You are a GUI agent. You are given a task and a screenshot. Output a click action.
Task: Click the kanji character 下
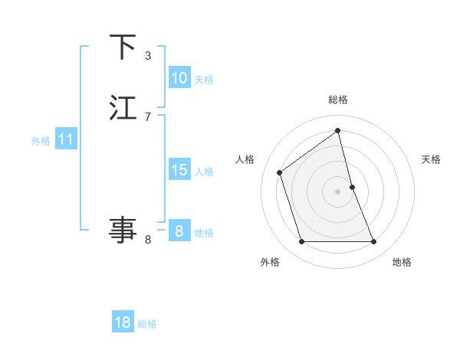click(123, 47)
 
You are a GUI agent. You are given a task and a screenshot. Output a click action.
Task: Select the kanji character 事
click(123, 229)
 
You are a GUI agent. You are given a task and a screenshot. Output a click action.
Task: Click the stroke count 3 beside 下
click(148, 56)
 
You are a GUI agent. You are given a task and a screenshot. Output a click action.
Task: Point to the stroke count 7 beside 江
click(148, 116)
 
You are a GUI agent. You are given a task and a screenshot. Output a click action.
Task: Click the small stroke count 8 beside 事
click(148, 240)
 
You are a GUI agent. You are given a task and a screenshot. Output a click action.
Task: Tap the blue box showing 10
click(179, 78)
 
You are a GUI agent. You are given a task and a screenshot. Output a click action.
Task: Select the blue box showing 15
click(179, 170)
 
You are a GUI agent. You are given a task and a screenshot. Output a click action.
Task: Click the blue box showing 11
click(65, 140)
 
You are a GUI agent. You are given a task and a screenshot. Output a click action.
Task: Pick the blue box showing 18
click(123, 322)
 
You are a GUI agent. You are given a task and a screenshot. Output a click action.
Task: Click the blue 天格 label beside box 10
click(204, 80)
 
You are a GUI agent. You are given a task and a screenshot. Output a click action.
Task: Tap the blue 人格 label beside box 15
click(204, 172)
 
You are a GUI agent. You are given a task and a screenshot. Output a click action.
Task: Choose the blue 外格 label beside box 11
click(41, 141)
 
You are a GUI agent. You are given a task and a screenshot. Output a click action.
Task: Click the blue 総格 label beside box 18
click(147, 324)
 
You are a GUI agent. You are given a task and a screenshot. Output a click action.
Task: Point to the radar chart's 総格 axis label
click(338, 100)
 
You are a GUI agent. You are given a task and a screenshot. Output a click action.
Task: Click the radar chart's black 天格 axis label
click(432, 159)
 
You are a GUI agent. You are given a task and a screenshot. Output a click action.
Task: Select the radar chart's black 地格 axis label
click(402, 262)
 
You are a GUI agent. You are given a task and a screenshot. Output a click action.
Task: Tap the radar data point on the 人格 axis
click(280, 172)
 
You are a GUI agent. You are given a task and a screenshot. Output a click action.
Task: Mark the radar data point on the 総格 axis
click(338, 130)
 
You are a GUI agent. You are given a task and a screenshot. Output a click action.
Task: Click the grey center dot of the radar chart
click(338, 191)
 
